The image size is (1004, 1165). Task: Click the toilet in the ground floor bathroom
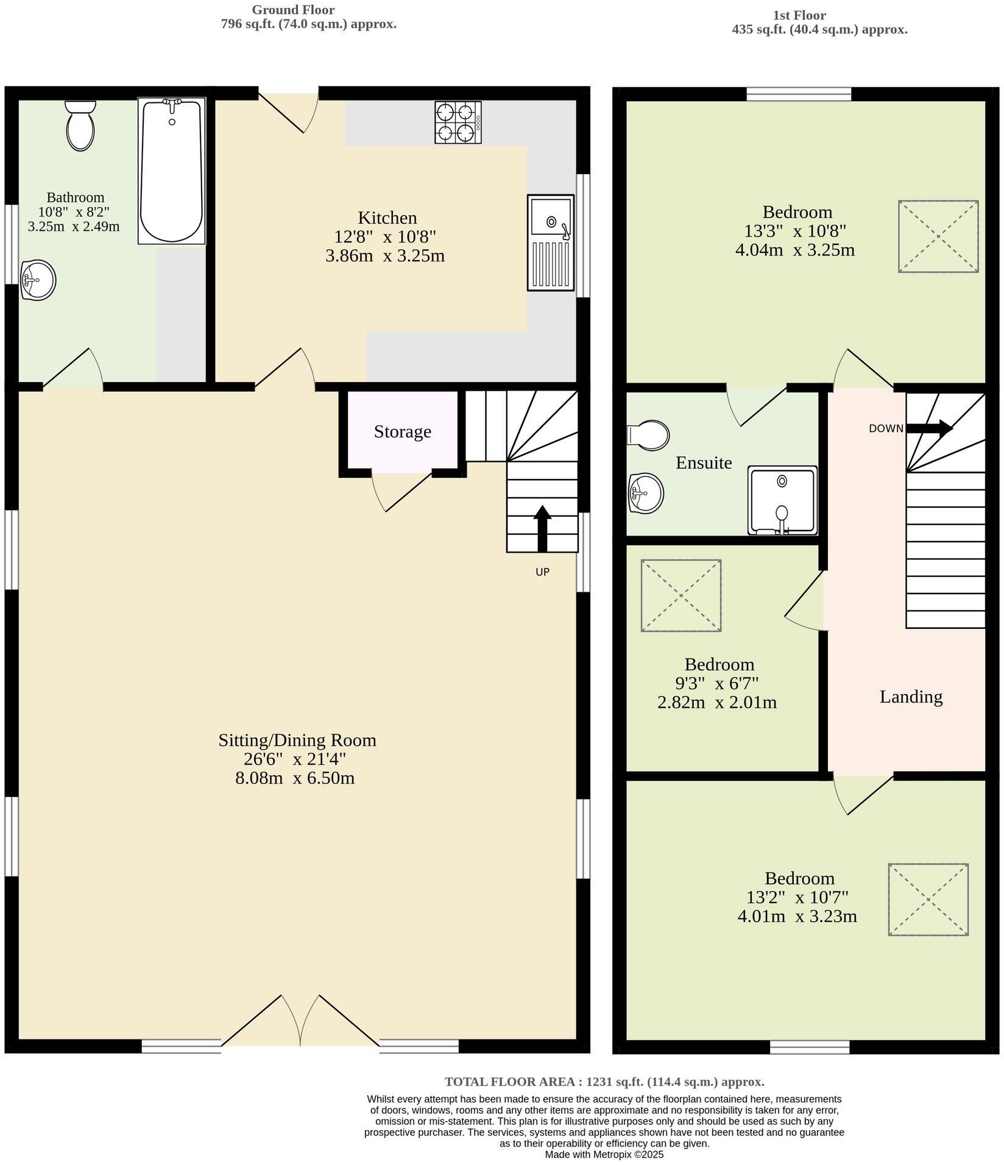click(x=80, y=126)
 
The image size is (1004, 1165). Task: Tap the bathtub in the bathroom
click(x=171, y=171)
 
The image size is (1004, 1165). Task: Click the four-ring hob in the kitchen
click(x=458, y=122)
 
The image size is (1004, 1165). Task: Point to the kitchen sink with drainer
click(x=551, y=242)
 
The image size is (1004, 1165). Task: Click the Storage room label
click(x=402, y=431)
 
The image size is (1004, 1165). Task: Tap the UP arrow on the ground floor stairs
click(x=542, y=528)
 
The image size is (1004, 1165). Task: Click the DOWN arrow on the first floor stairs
click(x=930, y=428)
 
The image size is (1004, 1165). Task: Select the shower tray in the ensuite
click(x=783, y=500)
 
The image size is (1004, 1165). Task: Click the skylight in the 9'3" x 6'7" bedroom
click(x=681, y=595)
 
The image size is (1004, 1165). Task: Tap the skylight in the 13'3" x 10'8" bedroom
click(x=938, y=236)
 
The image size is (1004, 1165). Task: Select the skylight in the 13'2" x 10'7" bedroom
click(x=928, y=899)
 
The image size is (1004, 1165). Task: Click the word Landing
click(x=911, y=696)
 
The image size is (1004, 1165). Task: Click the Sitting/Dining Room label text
click(x=297, y=740)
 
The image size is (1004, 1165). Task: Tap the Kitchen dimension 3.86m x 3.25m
click(x=385, y=255)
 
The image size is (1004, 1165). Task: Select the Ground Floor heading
click(x=293, y=10)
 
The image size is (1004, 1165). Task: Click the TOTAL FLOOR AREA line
click(x=604, y=1082)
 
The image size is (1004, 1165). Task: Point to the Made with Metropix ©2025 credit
click(x=604, y=1154)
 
